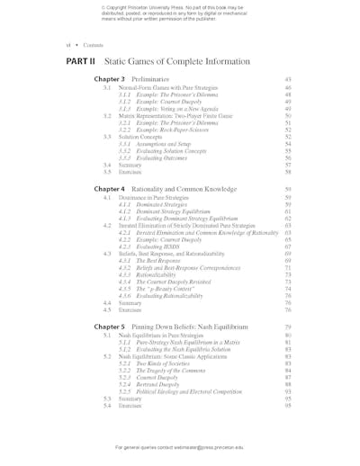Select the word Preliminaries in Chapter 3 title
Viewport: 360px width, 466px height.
[149, 79]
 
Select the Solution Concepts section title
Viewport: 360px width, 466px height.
[139, 137]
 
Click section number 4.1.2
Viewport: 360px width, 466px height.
[125, 211]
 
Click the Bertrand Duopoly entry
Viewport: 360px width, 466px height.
[156, 384]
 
